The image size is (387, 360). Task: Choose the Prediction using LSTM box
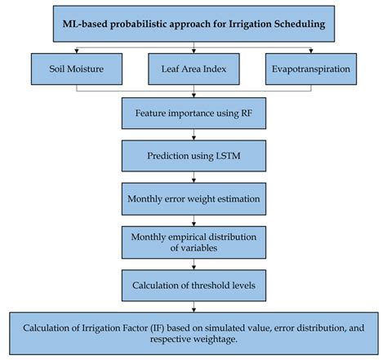point(193,154)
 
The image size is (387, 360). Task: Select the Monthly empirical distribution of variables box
point(193,243)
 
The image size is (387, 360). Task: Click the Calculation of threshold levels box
point(193,287)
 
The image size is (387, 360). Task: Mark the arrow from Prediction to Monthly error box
point(193,176)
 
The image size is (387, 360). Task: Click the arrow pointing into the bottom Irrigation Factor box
point(193,308)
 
